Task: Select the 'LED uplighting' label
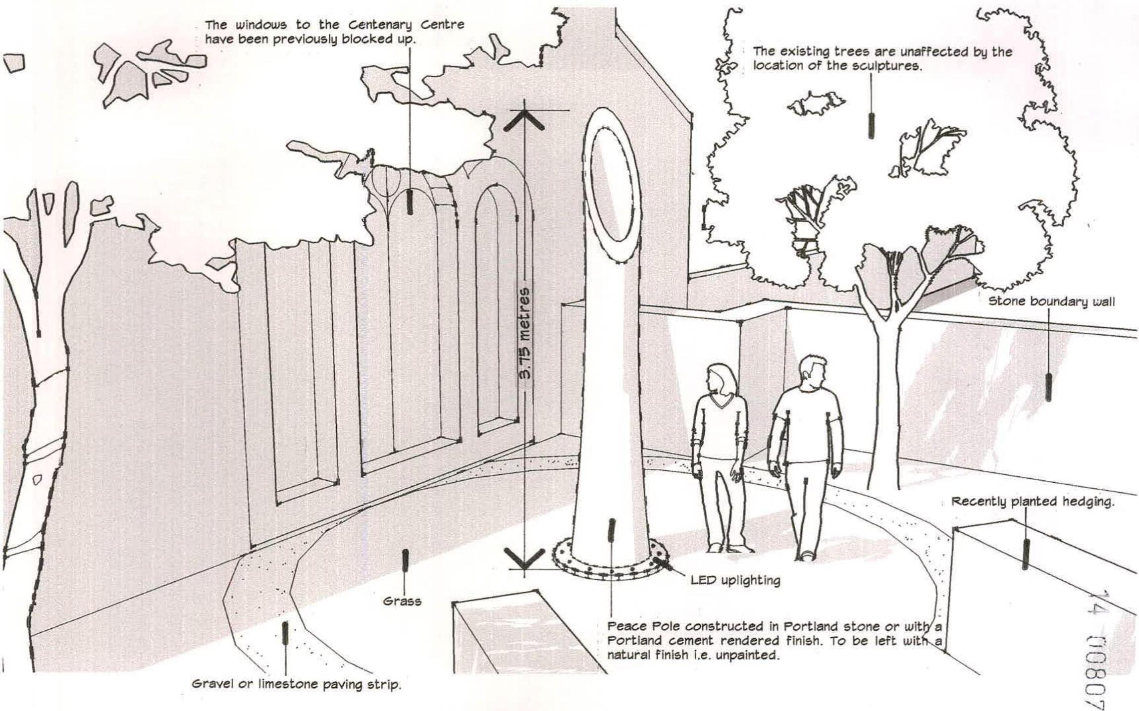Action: [735, 580]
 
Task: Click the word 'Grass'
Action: [402, 601]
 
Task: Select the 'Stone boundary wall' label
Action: [1051, 302]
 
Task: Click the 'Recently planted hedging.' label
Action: [1032, 502]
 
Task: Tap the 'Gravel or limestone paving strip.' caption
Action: [296, 685]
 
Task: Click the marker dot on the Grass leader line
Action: [405, 559]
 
